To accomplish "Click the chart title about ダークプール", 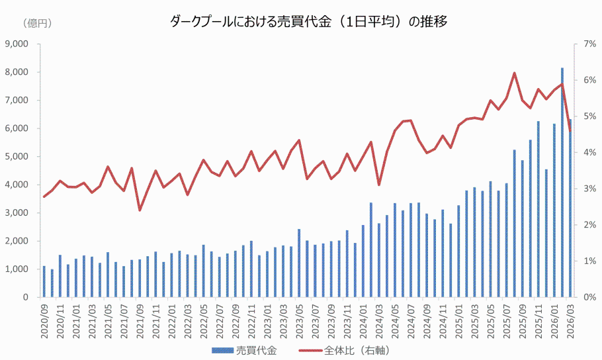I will [309, 22].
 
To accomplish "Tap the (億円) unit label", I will [38, 23].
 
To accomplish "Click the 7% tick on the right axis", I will [585, 44].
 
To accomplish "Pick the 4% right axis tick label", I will [585, 153].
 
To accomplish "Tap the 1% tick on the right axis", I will [585, 261].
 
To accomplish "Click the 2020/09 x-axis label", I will [45, 322].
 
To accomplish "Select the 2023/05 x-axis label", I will [299, 322].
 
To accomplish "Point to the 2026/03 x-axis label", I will [570, 322].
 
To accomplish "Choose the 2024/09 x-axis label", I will [426, 322].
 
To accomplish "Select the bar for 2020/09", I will [44, 282].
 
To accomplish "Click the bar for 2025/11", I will [538, 209].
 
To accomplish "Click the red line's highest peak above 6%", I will [514, 73].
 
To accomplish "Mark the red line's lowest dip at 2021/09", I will [140, 210].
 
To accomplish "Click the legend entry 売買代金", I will [245, 350].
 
